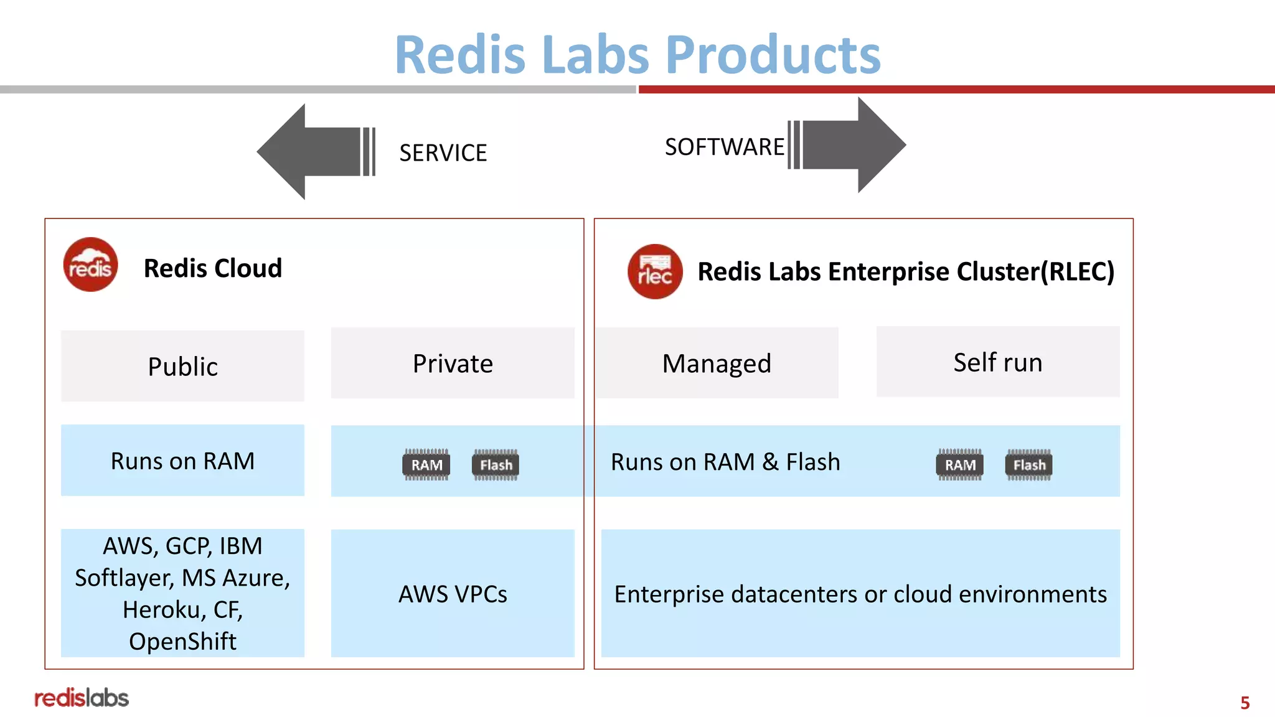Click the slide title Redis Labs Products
(x=637, y=55)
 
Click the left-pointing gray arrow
(x=311, y=151)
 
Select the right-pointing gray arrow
(x=853, y=145)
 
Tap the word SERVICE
(x=443, y=153)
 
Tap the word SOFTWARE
(x=724, y=148)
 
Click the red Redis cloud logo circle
(x=90, y=265)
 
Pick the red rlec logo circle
(x=654, y=271)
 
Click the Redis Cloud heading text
(x=212, y=268)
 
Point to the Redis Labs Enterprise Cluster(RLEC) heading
(x=905, y=272)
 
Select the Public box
(x=182, y=366)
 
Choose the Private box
(x=453, y=363)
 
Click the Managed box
(x=717, y=363)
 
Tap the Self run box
(x=997, y=362)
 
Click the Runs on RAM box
(x=182, y=461)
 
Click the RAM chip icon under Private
(x=426, y=465)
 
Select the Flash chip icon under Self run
(x=1028, y=465)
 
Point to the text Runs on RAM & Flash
(x=725, y=462)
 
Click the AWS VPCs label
(x=453, y=594)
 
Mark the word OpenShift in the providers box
(x=182, y=642)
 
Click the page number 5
(x=1244, y=703)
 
